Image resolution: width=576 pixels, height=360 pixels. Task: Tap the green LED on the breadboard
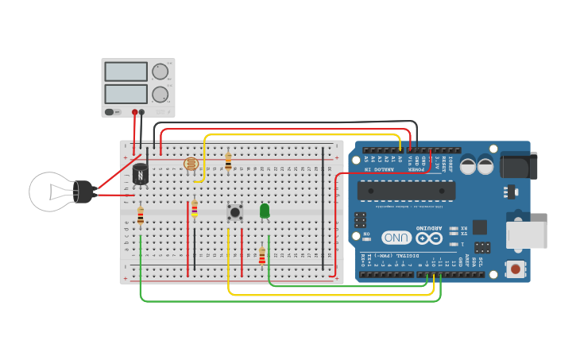tap(265, 211)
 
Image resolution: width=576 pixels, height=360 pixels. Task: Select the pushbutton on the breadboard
tap(234, 211)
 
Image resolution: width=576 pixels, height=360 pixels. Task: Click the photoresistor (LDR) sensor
tap(191, 164)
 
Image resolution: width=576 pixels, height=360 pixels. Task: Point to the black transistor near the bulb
tap(141, 173)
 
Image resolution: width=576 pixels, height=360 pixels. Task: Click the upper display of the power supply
tap(126, 72)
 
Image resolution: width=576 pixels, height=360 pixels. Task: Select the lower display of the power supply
tap(126, 94)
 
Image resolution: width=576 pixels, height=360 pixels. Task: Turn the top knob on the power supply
tap(160, 72)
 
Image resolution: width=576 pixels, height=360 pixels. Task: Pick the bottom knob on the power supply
tap(160, 95)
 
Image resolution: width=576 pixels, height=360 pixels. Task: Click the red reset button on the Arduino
tap(516, 269)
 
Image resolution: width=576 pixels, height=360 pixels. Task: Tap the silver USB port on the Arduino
tap(527, 234)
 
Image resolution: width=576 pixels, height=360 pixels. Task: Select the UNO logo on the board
tap(396, 238)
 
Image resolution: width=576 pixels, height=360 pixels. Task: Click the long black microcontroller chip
tap(406, 191)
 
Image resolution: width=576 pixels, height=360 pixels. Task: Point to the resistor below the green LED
tap(261, 257)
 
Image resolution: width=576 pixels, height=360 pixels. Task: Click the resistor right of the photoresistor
tap(228, 163)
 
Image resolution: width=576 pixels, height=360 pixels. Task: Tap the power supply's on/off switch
tap(110, 112)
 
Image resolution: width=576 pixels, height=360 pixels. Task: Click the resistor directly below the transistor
tap(141, 215)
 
